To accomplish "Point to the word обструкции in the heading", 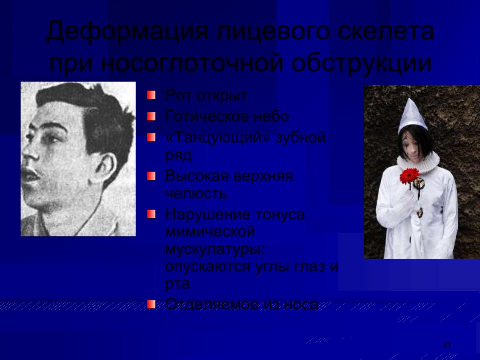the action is pos(361,65).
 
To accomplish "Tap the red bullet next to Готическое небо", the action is pos(151,116).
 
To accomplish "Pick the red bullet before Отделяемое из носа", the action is pos(151,304).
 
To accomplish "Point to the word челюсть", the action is pos(196,193).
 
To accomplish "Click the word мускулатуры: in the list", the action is pos(215,250).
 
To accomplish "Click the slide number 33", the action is pos(447,345).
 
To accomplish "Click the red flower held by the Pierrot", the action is pos(410,176).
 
